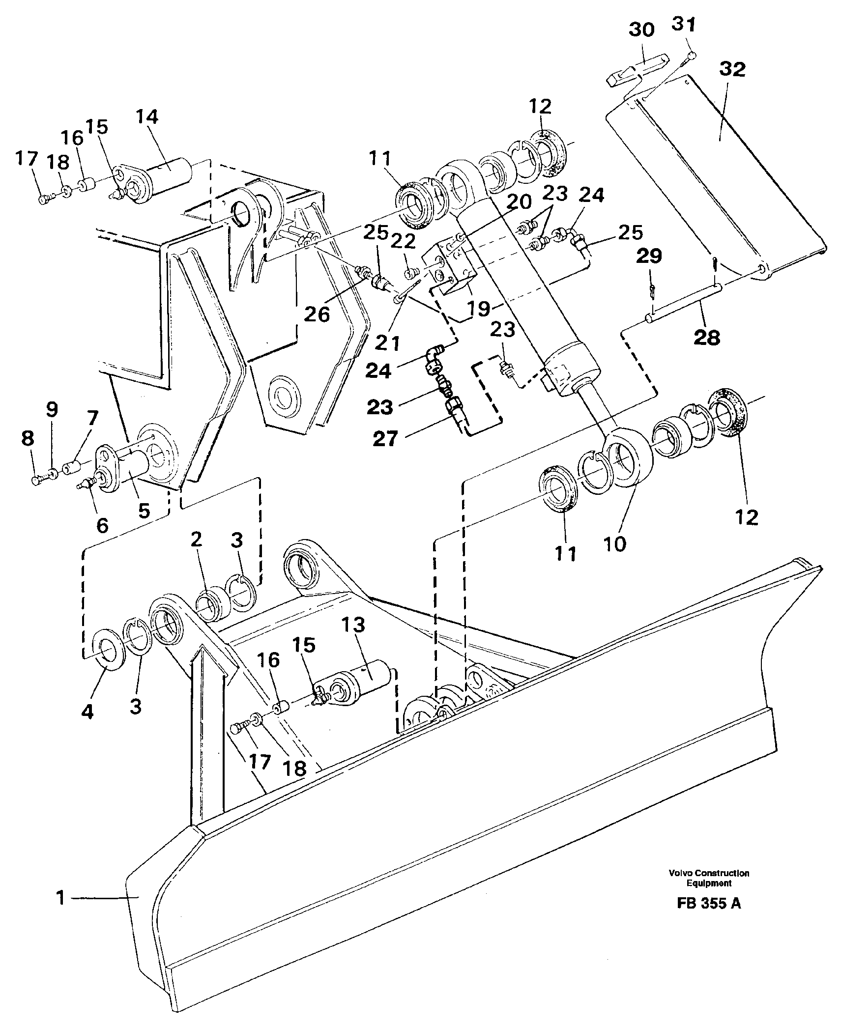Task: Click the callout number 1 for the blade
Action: click(x=60, y=898)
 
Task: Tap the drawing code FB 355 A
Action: click(x=708, y=917)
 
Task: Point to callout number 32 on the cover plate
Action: click(x=732, y=70)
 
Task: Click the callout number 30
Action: click(x=641, y=30)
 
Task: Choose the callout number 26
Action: click(x=317, y=314)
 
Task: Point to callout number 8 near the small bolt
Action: click(x=28, y=438)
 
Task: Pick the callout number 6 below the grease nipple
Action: click(x=102, y=526)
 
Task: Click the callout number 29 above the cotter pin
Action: click(x=650, y=256)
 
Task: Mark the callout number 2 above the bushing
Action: click(x=197, y=541)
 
